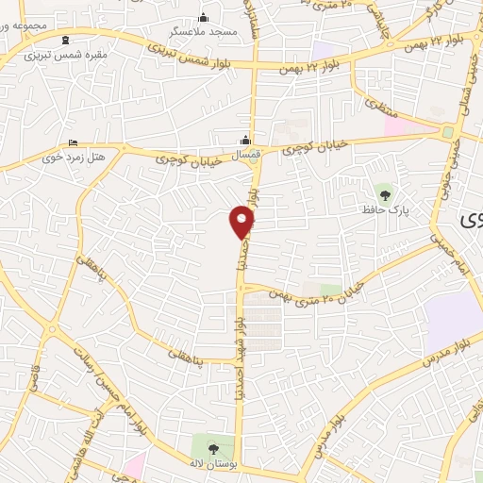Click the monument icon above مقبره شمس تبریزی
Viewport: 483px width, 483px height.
(64, 41)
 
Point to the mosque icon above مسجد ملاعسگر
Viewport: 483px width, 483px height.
(202, 17)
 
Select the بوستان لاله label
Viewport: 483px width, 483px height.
(211, 465)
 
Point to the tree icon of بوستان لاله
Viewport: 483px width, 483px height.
(211, 447)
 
